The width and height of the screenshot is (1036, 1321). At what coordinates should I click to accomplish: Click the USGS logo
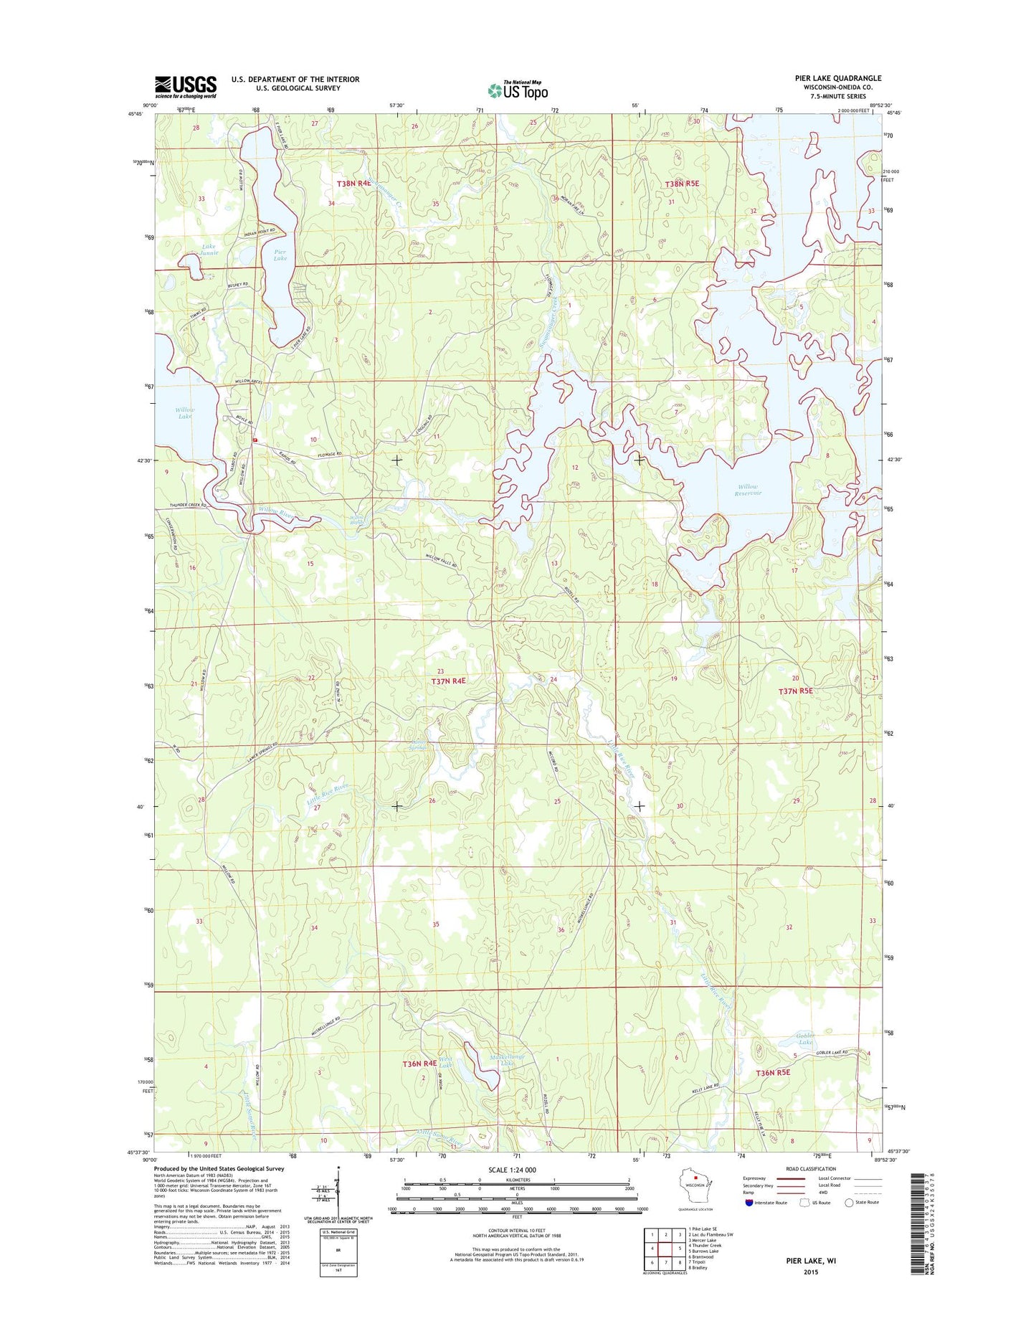pos(186,87)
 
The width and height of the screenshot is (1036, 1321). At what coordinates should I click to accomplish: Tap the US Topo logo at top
pos(518,90)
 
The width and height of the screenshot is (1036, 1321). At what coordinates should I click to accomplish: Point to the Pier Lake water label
pos(280,255)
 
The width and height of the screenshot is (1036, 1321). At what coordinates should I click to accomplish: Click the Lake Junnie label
pos(209,250)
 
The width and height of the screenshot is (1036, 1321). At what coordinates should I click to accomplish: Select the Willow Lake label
pos(185,412)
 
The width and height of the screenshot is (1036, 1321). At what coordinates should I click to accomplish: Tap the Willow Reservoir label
pos(747,490)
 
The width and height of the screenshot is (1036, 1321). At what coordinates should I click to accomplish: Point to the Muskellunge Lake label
pos(508,1061)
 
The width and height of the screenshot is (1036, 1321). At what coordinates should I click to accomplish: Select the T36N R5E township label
pos(783,1073)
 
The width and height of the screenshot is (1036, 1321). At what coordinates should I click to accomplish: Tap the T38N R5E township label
pos(681,184)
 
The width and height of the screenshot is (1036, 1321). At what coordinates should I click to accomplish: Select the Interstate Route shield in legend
pos(749,1223)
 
